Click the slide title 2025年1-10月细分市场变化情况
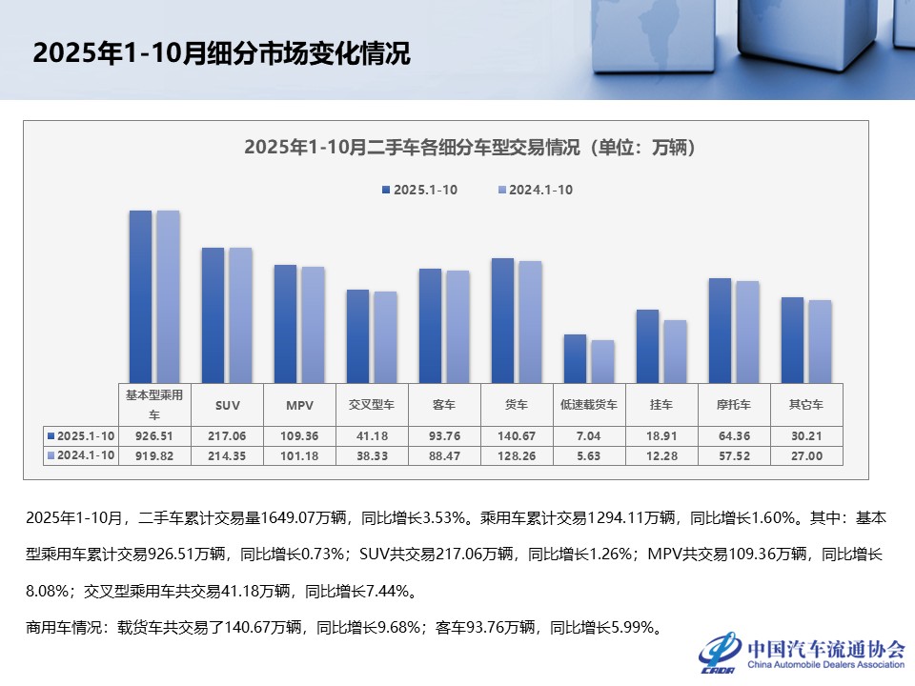pyautogui.click(x=221, y=54)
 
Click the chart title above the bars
pyautogui.click(x=468, y=148)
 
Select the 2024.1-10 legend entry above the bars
pyautogui.click(x=536, y=190)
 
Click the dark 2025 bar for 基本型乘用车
pyautogui.click(x=140, y=295)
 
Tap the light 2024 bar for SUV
pyautogui.click(x=240, y=314)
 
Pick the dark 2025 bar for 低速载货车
pyautogui.click(x=575, y=358)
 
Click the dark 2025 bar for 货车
pyautogui.click(x=502, y=320)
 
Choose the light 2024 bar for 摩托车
pyautogui.click(x=747, y=332)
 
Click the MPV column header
pyautogui.click(x=299, y=405)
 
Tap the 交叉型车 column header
pyautogui.click(x=372, y=405)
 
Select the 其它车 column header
pyautogui.click(x=807, y=405)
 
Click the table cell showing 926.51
pyautogui.click(x=154, y=435)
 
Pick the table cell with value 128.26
pyautogui.click(x=517, y=455)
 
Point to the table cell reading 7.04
pyautogui.click(x=589, y=435)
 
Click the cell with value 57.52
pyautogui.click(x=734, y=455)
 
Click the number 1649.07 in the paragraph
pyautogui.click(x=284, y=518)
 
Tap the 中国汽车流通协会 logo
pyautogui.click(x=801, y=652)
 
